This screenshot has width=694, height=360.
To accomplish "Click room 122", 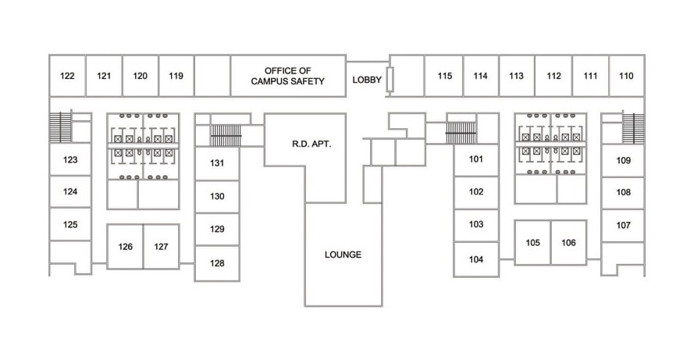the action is pyautogui.click(x=67, y=76).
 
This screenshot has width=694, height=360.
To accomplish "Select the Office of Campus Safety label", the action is pyautogui.click(x=288, y=76).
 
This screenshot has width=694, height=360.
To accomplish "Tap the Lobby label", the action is pyautogui.click(x=367, y=80).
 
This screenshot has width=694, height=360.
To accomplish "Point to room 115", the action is pyautogui.click(x=444, y=76).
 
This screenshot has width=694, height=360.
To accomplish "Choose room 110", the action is pyautogui.click(x=626, y=76).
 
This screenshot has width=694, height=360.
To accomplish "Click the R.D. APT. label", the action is pyautogui.click(x=311, y=144).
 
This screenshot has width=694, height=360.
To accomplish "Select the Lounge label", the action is pyautogui.click(x=343, y=255).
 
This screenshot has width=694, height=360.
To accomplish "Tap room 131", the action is pyautogui.click(x=217, y=163).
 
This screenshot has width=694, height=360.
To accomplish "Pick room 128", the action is pyautogui.click(x=217, y=263).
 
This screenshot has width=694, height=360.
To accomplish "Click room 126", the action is pyautogui.click(x=125, y=247).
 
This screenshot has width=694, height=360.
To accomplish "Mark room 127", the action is pyautogui.click(x=161, y=247).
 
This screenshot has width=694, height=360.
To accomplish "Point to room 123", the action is pyautogui.click(x=70, y=159).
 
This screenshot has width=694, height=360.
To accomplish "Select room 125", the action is pyautogui.click(x=70, y=224).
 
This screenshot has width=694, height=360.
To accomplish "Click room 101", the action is pyautogui.click(x=476, y=159).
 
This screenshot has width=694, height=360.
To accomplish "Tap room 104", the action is pyautogui.click(x=476, y=259).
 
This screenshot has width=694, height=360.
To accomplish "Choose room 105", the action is pyautogui.click(x=532, y=243).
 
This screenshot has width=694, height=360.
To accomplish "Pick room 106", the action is pyautogui.click(x=569, y=243).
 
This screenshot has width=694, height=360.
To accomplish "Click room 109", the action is pyautogui.click(x=623, y=160).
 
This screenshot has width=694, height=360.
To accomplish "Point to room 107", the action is pyautogui.click(x=623, y=225).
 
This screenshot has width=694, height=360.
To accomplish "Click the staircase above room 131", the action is pyautogui.click(x=226, y=135).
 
